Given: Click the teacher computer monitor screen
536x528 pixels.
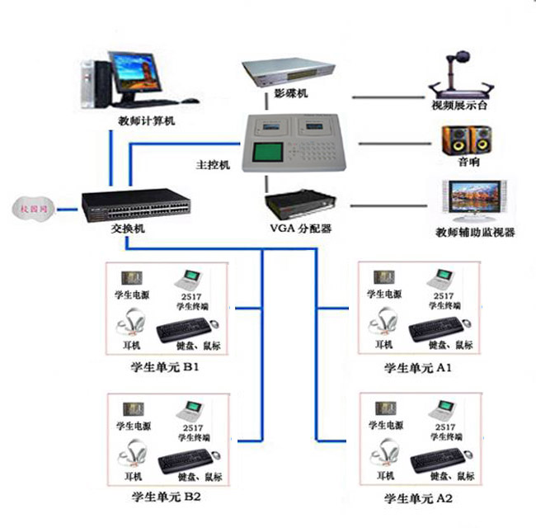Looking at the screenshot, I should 135,74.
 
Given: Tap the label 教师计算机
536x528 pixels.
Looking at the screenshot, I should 146,120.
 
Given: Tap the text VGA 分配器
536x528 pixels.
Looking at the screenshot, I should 302,228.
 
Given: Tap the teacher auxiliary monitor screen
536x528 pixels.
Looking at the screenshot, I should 473,199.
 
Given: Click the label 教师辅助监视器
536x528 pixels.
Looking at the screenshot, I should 473,233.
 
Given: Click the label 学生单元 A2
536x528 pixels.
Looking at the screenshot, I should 419,499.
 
